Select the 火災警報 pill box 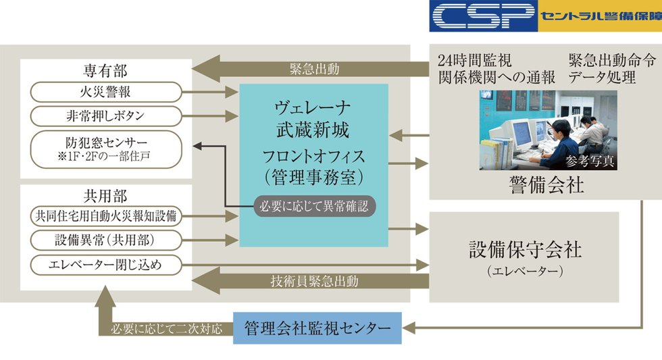(106, 91)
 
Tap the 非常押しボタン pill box (106, 115)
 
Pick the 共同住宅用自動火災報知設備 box (106, 217)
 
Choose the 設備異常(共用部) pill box (106, 240)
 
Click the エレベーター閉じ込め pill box (106, 264)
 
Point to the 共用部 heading (105, 197)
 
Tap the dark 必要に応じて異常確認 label (314, 205)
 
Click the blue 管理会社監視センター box (317, 328)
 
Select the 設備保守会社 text (525, 249)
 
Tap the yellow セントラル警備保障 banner (599, 16)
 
